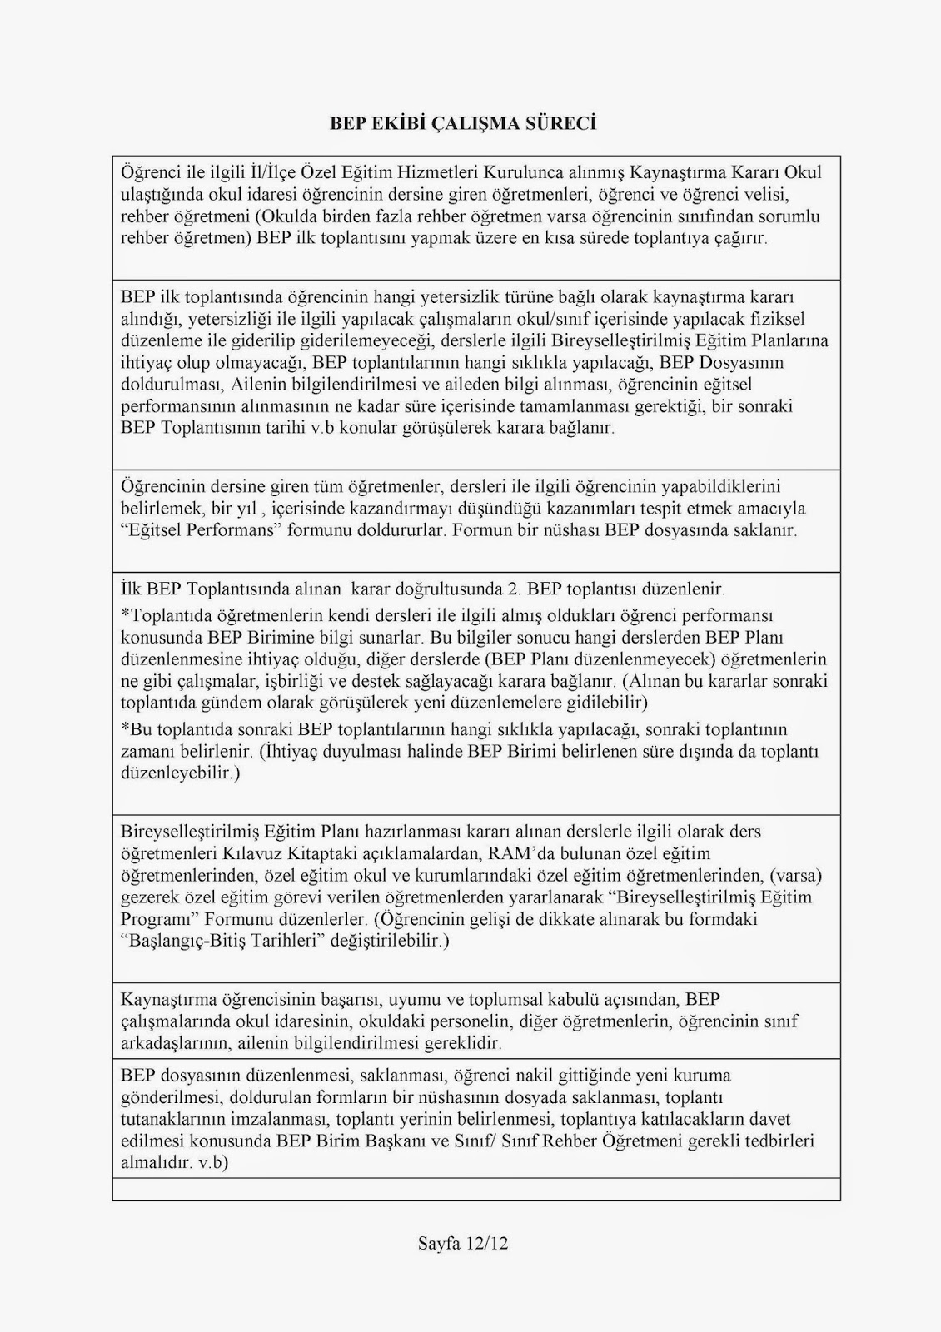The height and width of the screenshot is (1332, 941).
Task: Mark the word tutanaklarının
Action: (176, 1119)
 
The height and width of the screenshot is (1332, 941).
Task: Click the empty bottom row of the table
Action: (475, 1189)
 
